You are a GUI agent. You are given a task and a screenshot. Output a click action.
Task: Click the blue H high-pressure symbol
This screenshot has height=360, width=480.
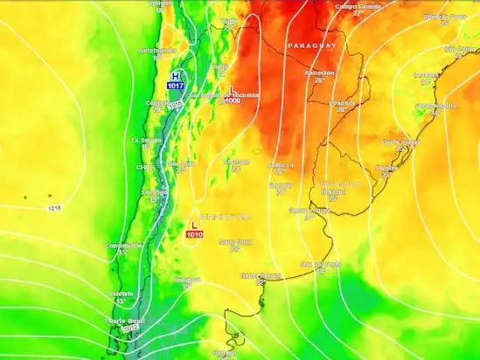click(x=177, y=76)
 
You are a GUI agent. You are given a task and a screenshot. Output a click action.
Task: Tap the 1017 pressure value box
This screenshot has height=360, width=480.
click(x=177, y=86)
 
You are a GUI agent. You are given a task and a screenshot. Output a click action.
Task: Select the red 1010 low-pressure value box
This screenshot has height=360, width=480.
click(x=194, y=234)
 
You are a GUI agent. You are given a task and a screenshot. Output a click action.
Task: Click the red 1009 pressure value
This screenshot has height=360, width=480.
click(x=233, y=100)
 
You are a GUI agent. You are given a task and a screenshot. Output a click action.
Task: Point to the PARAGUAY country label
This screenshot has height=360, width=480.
click(x=311, y=45)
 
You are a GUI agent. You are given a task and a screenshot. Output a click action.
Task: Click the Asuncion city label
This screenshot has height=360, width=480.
click(x=319, y=73)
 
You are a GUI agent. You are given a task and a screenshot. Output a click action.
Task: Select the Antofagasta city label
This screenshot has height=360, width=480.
click(x=152, y=50)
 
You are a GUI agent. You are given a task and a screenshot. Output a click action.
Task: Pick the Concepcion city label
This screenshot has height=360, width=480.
click(x=123, y=246)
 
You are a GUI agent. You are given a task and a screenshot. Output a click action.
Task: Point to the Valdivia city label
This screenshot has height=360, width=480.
click(x=122, y=294)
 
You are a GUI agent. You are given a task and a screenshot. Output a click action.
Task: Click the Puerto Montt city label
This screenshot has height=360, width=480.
click(x=122, y=321)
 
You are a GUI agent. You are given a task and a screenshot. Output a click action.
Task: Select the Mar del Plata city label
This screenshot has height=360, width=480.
click(x=319, y=263)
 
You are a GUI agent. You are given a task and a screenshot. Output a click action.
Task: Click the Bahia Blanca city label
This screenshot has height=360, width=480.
click(x=261, y=275)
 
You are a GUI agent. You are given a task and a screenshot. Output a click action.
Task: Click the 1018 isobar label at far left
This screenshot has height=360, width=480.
click(x=56, y=207)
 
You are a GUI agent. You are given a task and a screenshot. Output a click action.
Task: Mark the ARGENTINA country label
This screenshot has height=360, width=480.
click(x=226, y=215)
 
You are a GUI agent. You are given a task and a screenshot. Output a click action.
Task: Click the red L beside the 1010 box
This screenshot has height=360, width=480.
click(x=194, y=225)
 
